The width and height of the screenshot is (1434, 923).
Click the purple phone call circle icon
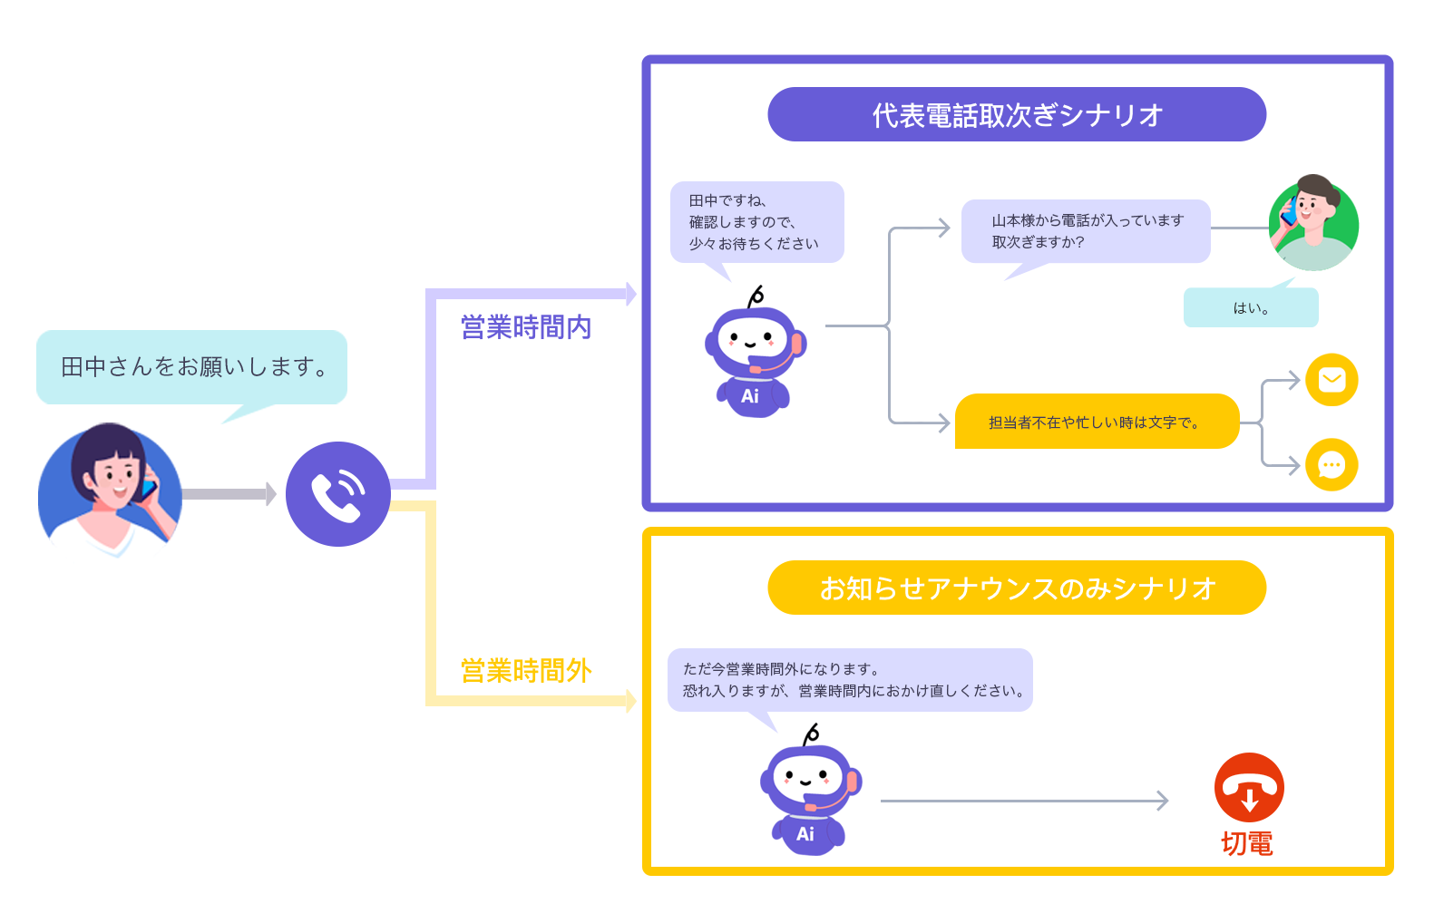tap(337, 494)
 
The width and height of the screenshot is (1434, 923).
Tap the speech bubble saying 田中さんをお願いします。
tap(191, 367)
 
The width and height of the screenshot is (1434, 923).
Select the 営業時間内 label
tap(526, 327)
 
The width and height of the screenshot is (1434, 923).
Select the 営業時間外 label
tap(526, 671)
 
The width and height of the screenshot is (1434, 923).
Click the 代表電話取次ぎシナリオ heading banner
tap(1016, 115)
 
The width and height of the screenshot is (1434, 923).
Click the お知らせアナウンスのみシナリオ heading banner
tap(1016, 588)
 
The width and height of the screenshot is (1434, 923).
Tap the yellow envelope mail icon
tap(1331, 379)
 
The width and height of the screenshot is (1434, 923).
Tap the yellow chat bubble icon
tap(1331, 465)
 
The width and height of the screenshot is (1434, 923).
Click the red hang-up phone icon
tap(1248, 788)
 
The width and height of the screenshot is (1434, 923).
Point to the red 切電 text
tap(1246, 844)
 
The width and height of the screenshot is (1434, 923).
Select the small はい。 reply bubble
tap(1250, 308)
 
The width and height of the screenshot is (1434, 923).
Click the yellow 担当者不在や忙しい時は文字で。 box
tap(1096, 422)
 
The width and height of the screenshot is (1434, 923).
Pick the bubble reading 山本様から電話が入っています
tap(1086, 231)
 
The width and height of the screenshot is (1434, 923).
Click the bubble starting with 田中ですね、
tap(756, 222)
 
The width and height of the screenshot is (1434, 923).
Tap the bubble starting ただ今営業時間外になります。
tap(850, 680)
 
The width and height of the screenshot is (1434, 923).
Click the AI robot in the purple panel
tap(754, 358)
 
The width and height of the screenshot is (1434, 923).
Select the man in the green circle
tap(1312, 224)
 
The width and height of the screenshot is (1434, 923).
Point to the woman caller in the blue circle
tap(110, 490)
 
